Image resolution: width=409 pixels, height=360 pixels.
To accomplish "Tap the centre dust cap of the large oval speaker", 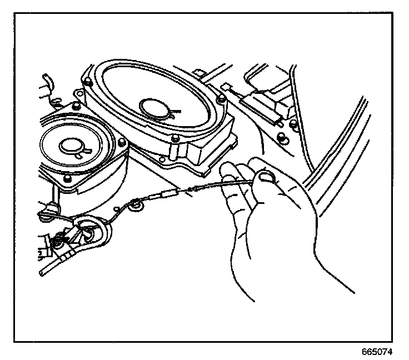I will click(157, 106).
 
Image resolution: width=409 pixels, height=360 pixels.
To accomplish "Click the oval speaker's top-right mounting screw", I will click(222, 98).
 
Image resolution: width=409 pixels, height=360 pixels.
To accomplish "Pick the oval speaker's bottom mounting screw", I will click(175, 139).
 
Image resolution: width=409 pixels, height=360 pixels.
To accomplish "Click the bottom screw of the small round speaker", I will click(67, 178).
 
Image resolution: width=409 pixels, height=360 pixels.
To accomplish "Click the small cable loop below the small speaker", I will click(134, 207).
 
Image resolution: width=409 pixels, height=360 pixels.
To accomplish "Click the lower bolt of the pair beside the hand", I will click(283, 137).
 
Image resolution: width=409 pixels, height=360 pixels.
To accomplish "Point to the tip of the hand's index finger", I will click(225, 167).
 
